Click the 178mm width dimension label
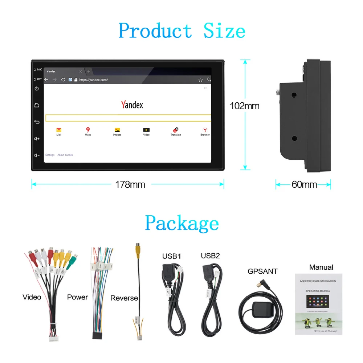(x=130, y=184)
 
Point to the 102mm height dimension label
(x=245, y=106)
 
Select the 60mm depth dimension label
(x=304, y=184)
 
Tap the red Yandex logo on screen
(x=132, y=105)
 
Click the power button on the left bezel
(x=37, y=89)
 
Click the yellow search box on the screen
(x=128, y=118)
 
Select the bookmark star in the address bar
(x=200, y=79)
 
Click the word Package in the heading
(x=181, y=223)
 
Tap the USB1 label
(x=171, y=256)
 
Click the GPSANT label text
(x=262, y=271)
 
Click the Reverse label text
(x=124, y=298)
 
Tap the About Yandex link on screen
(x=65, y=155)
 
